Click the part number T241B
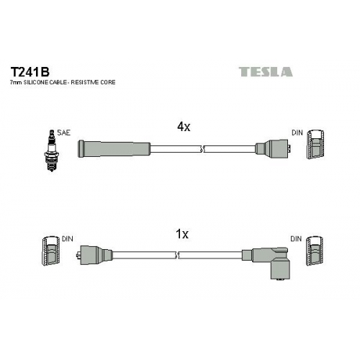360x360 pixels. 30,71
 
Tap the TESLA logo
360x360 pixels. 266,72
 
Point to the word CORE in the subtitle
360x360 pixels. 108,82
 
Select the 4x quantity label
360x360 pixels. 184,127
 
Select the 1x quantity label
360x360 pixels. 182,234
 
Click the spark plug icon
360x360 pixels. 51,150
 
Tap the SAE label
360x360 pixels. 63,132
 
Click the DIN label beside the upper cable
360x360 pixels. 297,132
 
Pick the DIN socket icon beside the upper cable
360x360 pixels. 316,145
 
